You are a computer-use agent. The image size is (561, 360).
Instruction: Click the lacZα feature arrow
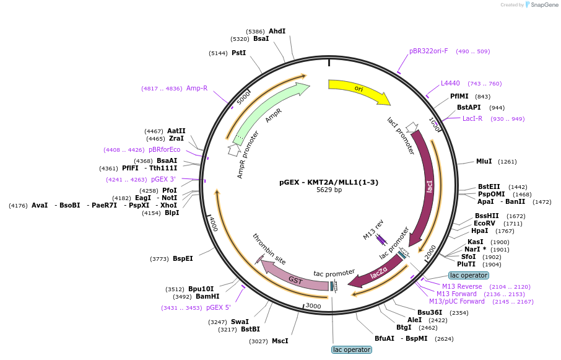coord(378,274)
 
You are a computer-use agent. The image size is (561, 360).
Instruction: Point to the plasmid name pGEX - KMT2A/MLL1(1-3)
coord(329,182)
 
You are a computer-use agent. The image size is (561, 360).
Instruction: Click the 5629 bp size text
coord(329,190)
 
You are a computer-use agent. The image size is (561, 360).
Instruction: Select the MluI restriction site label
coord(484,161)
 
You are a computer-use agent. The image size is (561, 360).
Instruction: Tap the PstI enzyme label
coord(238,53)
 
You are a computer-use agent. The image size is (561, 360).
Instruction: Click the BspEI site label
coord(183,258)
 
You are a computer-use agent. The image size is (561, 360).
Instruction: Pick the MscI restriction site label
coord(280,341)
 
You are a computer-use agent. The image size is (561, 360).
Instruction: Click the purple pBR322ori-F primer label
coord(428,51)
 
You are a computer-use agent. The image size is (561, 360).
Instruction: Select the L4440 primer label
coord(450,84)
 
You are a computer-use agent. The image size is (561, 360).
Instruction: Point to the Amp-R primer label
coord(197,88)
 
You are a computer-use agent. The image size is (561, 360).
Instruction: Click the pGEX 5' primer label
coord(218,307)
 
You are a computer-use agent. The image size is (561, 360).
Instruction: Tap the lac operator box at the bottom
coord(352,349)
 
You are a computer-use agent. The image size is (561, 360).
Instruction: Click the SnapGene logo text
coord(544,5)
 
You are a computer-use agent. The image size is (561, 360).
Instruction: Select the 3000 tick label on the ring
coord(313,306)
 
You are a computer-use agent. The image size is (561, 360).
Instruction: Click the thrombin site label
coord(269,248)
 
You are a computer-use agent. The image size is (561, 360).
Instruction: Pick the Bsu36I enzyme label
coord(430,312)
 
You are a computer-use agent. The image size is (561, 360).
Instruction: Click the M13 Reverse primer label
coord(462,286)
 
